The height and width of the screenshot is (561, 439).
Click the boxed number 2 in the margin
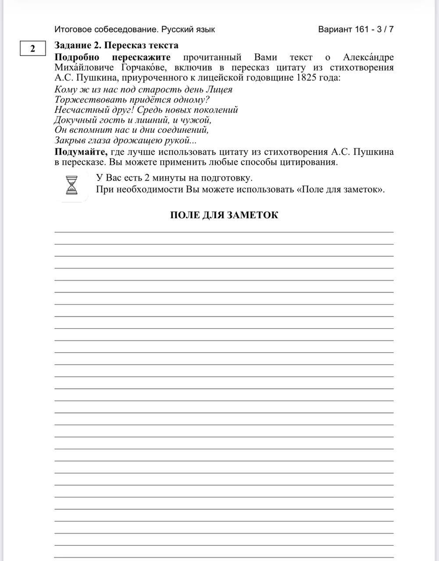32,49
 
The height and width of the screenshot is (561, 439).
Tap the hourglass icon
72,185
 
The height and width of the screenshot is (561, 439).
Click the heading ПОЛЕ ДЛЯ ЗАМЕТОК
224,215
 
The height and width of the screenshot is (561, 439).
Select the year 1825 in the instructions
307,78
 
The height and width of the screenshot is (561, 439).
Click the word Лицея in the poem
216,89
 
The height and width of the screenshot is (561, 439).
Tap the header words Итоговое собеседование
107,29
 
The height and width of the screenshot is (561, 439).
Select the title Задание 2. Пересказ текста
116,45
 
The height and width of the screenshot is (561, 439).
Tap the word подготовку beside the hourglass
226,178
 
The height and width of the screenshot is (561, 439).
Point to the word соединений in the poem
180,130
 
